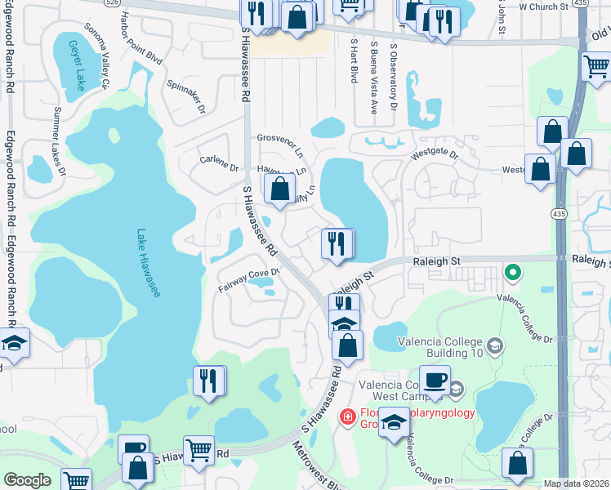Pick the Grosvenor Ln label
pyautogui.click(x=280, y=145)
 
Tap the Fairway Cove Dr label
pyautogui.click(x=249, y=279)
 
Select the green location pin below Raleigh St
pyautogui.click(x=513, y=272)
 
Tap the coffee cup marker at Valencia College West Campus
pyautogui.click(x=435, y=380)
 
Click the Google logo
pyautogui.click(x=27, y=481)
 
